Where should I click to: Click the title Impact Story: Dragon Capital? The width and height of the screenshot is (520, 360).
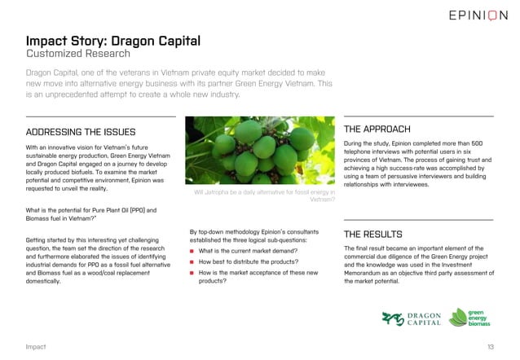click(x=113, y=41)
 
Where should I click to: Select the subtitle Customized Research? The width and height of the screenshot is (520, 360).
click(x=77, y=55)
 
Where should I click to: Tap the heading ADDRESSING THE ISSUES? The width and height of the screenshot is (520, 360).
click(x=81, y=132)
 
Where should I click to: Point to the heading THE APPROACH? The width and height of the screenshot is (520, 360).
click(x=377, y=129)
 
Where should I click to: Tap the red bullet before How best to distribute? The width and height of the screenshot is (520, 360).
click(x=192, y=263)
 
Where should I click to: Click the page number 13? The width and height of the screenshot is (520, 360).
click(x=491, y=347)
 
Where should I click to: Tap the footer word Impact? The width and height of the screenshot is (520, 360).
click(x=35, y=347)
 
